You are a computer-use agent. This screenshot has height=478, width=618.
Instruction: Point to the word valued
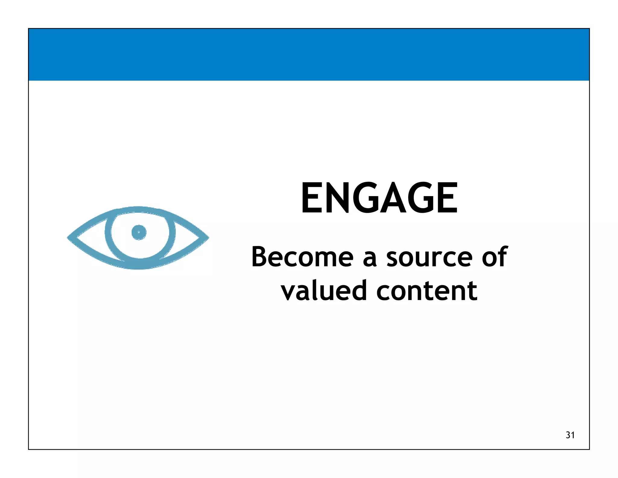tap(323, 290)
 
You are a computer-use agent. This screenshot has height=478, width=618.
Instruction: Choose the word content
tap(427, 290)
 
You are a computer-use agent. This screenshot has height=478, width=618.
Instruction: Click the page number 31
tap(570, 435)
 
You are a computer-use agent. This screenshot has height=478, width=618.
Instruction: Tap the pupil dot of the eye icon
tap(139, 232)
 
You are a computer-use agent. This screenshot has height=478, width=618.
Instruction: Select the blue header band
tap(309, 55)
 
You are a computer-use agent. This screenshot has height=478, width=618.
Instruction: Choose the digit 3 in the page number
tap(568, 435)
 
